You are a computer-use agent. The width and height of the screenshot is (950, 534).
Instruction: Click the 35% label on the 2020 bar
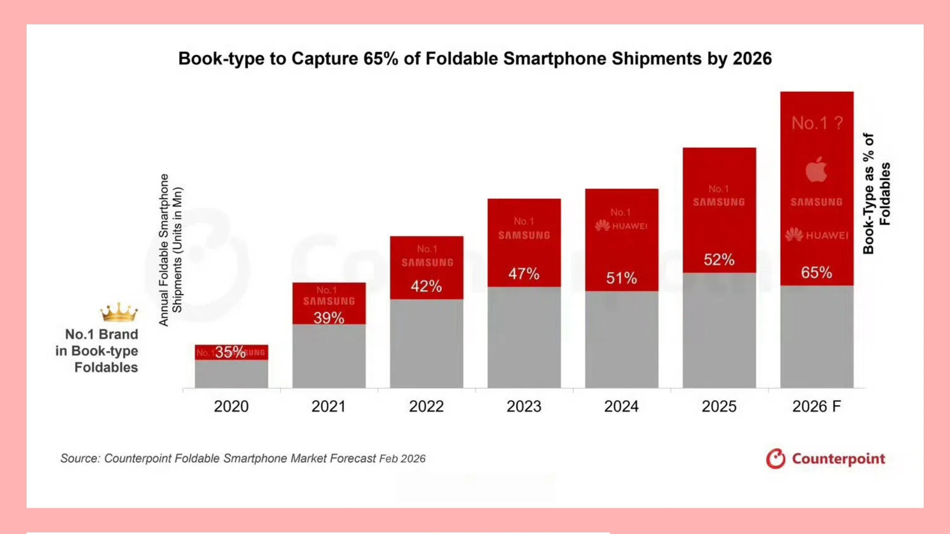pyautogui.click(x=230, y=352)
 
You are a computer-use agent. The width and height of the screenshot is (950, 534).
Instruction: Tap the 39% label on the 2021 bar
pyautogui.click(x=329, y=318)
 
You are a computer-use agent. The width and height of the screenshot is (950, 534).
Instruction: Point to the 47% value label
pyautogui.click(x=524, y=274)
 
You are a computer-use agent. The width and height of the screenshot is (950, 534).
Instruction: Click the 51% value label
pyautogui.click(x=621, y=278)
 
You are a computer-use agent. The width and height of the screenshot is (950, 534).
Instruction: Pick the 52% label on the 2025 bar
pyautogui.click(x=719, y=260)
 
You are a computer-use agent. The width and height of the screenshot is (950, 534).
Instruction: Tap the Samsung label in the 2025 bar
pyautogui.click(x=719, y=202)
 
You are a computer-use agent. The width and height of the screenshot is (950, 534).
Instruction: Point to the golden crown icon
pyautogui.click(x=119, y=312)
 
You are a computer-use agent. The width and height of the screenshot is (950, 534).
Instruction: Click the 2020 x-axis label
pyautogui.click(x=231, y=406)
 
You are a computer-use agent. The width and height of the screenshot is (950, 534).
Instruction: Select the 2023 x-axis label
pyautogui.click(x=524, y=406)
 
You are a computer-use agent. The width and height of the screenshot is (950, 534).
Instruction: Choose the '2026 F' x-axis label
pyautogui.click(x=816, y=406)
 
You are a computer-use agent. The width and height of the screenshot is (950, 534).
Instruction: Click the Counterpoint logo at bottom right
pyautogui.click(x=825, y=459)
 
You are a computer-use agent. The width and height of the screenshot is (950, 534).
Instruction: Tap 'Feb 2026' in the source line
pyautogui.click(x=402, y=459)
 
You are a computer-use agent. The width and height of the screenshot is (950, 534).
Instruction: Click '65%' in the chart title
pyautogui.click(x=381, y=59)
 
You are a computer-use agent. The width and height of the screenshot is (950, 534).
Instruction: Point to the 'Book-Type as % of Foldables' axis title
pyautogui.click(x=876, y=193)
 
